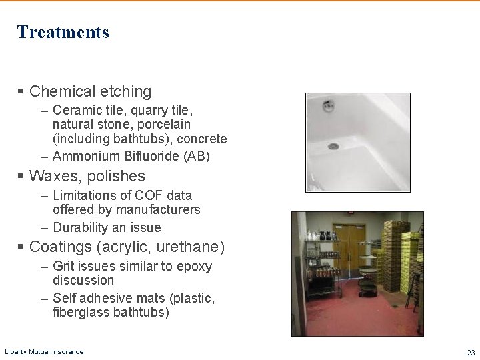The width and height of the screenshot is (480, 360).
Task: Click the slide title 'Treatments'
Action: coord(63,32)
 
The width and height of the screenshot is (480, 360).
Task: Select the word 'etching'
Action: coord(126,91)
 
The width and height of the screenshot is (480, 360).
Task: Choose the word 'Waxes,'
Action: coord(54,176)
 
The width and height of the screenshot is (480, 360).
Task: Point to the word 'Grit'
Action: coord(64,267)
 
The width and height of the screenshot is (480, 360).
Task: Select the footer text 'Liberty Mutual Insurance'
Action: coord(44,351)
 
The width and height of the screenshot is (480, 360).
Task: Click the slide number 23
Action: coord(471,352)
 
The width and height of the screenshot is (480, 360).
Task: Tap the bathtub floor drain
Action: coord(333,145)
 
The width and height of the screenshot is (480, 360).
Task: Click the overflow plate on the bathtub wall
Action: coord(328,106)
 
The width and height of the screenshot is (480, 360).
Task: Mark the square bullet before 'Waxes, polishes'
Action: coord(21,176)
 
